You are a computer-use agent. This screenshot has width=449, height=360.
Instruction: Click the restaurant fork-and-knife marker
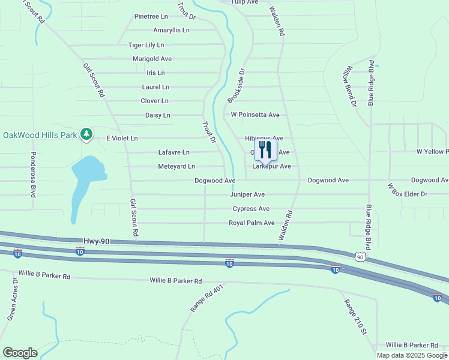tap(265, 149)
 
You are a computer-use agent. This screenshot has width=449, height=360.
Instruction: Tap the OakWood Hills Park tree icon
tap(87, 134)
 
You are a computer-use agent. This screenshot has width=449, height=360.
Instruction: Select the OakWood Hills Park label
tap(40, 135)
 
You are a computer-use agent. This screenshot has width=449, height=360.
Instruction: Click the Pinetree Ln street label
tap(151, 16)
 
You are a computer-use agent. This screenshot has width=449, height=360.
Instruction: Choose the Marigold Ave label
tap(152, 59)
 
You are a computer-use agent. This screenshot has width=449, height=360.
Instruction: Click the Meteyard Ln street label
tap(176, 166)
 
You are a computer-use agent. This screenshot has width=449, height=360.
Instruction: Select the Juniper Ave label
tap(247, 194)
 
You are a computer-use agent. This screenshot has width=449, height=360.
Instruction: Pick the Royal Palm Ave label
tap(252, 223)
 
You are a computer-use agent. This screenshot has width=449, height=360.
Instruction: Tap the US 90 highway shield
tap(360, 257)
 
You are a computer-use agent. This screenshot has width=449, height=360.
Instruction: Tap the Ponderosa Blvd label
tap(32, 175)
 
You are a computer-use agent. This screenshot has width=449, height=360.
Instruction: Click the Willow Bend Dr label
tap(349, 87)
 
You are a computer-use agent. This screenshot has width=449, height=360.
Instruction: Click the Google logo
tap(20, 353)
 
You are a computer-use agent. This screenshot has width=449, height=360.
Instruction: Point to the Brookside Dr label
tap(237, 85)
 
